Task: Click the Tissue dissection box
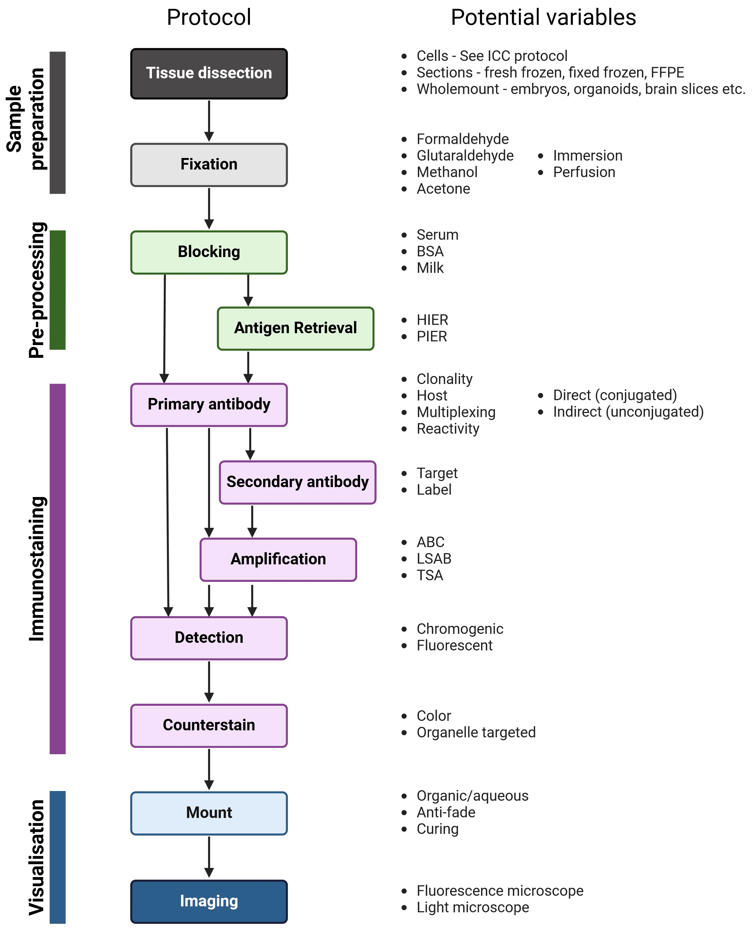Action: tap(209, 73)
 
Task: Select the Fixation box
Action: tap(209, 164)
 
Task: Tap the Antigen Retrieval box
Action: tap(295, 328)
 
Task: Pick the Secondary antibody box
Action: tap(297, 482)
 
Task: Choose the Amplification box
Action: tap(278, 559)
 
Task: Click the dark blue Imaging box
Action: tap(209, 901)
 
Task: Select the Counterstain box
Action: tap(209, 725)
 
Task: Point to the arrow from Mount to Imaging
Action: tap(209, 856)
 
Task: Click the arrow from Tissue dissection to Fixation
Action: tap(209, 121)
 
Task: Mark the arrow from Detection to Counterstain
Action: tap(209, 682)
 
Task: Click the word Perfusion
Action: tap(584, 172)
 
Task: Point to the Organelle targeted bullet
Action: tap(476, 732)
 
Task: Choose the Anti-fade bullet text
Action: tap(446, 812)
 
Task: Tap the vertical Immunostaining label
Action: tap(37, 568)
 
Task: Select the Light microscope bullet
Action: tap(472, 907)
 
